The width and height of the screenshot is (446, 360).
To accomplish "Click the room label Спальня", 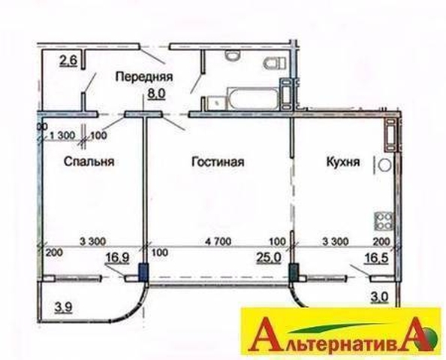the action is tap(89, 162).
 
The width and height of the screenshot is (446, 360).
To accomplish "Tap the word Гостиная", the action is tap(218, 162).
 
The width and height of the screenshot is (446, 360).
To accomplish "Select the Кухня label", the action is tap(342, 162).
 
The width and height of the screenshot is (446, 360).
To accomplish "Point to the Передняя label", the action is tap(144, 77).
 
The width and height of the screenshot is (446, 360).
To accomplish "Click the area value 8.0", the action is tap(156, 93).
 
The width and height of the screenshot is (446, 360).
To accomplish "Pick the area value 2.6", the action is tap(68, 61).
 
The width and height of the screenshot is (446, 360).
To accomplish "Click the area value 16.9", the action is tap(117, 258).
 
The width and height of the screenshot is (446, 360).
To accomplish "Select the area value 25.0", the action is tap(269, 258).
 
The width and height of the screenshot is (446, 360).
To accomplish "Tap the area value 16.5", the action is tap(377, 258).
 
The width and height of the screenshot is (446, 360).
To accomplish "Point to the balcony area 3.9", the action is tap(62, 307).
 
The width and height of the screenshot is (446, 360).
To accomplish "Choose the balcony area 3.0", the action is tap(379, 297).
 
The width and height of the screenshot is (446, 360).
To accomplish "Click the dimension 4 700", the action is tap(218, 241).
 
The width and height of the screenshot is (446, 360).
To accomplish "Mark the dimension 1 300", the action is tap(62, 135).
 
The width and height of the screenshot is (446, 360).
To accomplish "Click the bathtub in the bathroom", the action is tap(252, 98).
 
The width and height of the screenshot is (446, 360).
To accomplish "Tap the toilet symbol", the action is tap(275, 63).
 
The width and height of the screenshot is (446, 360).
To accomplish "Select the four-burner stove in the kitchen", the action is tap(384, 221).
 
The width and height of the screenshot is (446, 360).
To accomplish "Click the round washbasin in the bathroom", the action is tap(233, 55).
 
